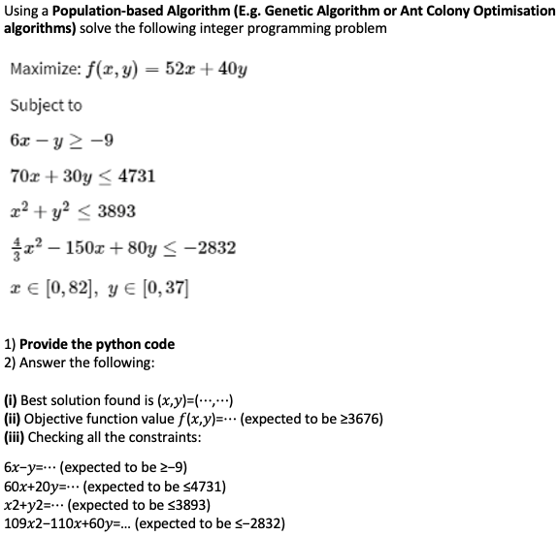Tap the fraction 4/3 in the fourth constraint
pyautogui.click(x=16, y=246)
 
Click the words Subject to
pyautogui.click(x=46, y=105)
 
